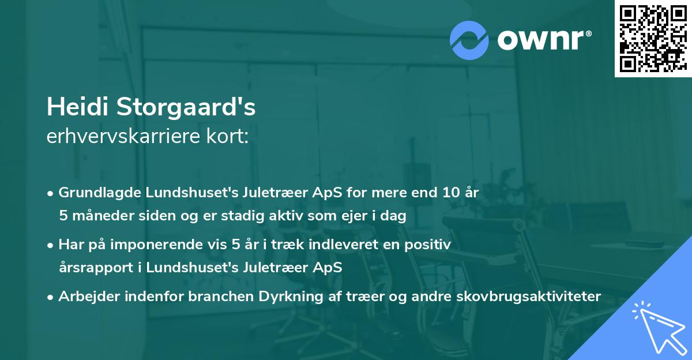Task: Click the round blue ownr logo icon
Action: click(x=469, y=40)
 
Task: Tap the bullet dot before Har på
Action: click(x=51, y=244)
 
